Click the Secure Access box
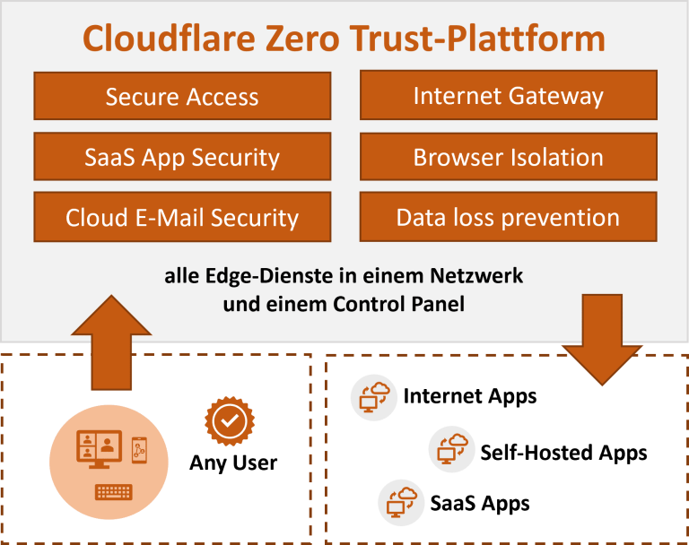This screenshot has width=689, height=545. [182, 97]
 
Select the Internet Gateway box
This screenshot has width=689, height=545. [508, 96]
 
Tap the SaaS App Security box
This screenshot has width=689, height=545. [182, 157]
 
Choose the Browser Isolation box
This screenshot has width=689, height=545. [508, 157]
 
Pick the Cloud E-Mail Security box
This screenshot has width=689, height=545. [182, 217]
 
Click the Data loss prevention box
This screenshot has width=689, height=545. [508, 217]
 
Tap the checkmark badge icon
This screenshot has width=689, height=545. [230, 420]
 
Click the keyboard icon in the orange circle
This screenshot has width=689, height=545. [114, 492]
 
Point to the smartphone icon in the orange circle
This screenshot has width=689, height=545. [138, 450]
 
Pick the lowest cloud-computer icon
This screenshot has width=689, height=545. [400, 502]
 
